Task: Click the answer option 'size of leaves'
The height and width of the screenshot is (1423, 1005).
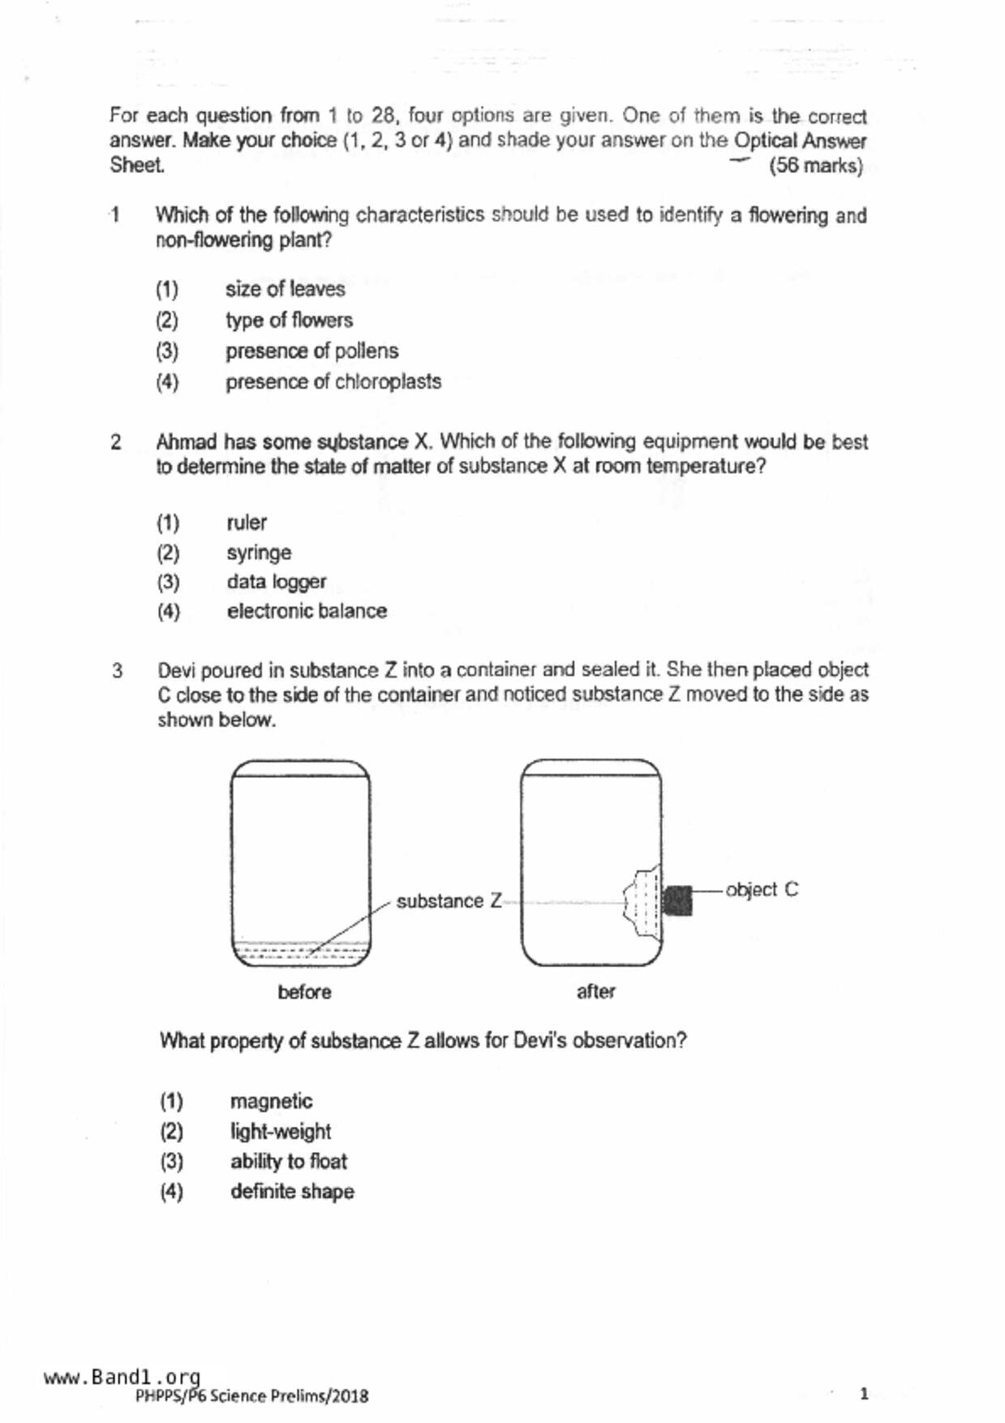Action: [285, 290]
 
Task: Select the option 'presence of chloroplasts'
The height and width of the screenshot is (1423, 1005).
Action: [333, 382]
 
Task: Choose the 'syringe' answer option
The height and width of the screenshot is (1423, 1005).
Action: [259, 553]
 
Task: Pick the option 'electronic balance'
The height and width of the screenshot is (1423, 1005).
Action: [307, 612]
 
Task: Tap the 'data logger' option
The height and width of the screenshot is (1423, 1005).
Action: [276, 583]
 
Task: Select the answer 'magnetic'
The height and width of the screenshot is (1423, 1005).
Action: [271, 1102]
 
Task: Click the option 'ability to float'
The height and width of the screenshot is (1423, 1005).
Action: [288, 1162]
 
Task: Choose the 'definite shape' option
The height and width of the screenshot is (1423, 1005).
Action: [292, 1192]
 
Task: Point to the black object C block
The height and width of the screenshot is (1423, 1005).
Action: [677, 901]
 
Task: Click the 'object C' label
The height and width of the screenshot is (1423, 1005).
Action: [761, 890]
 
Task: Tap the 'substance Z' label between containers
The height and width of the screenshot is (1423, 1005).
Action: [449, 901]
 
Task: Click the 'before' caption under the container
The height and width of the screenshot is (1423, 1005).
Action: [304, 992]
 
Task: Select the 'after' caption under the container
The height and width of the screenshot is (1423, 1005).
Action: [595, 991]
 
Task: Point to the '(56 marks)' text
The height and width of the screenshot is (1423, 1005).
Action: [815, 166]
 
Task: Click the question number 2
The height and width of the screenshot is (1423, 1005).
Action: [116, 443]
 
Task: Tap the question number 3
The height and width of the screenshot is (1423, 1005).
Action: [118, 672]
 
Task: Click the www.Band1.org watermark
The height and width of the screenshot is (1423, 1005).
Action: [122, 1377]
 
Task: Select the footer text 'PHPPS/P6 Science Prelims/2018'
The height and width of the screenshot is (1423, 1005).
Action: [251, 1396]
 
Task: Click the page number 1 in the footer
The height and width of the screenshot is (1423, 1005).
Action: [864, 1394]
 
